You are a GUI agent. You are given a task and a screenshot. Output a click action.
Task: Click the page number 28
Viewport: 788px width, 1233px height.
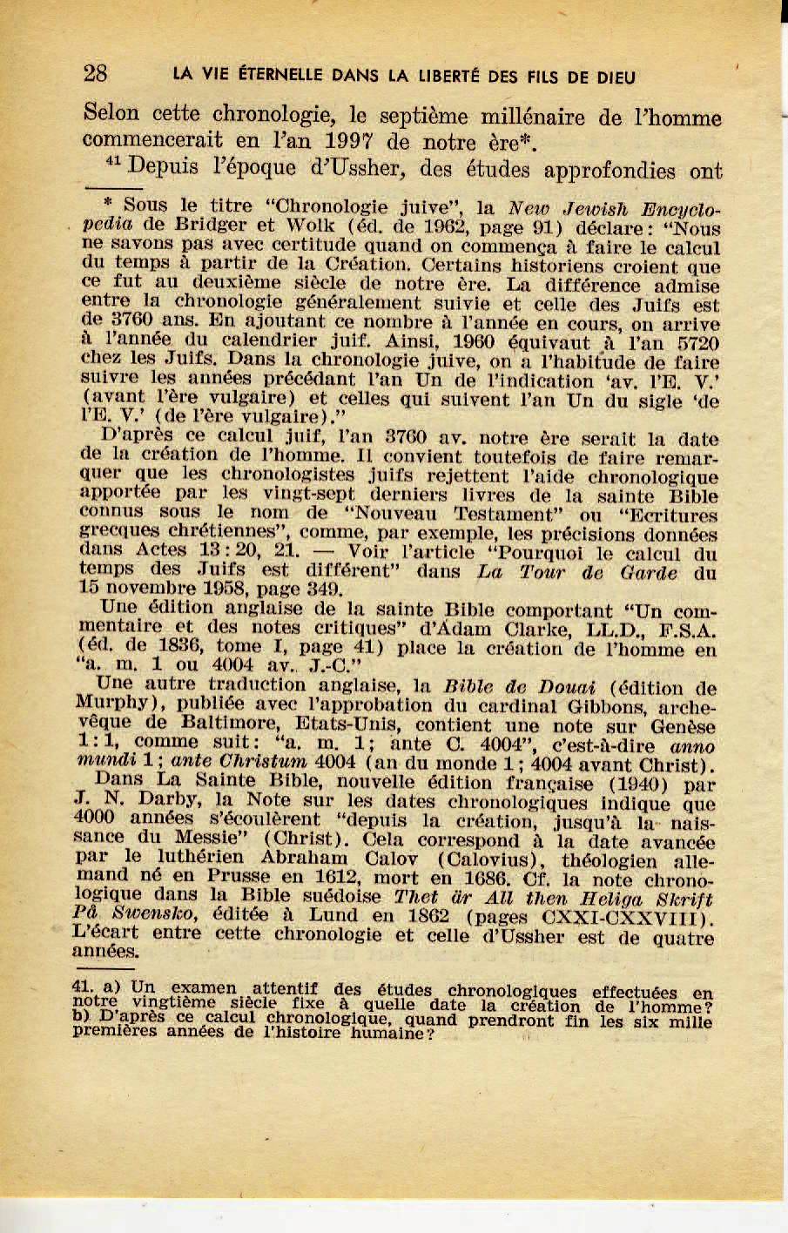(95, 74)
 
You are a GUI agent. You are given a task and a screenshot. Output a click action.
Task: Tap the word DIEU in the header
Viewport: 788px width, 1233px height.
(612, 77)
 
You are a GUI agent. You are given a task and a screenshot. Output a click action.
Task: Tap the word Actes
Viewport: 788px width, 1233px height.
(165, 550)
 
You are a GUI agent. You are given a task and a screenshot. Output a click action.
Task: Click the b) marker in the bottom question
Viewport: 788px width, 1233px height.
(84, 1014)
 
